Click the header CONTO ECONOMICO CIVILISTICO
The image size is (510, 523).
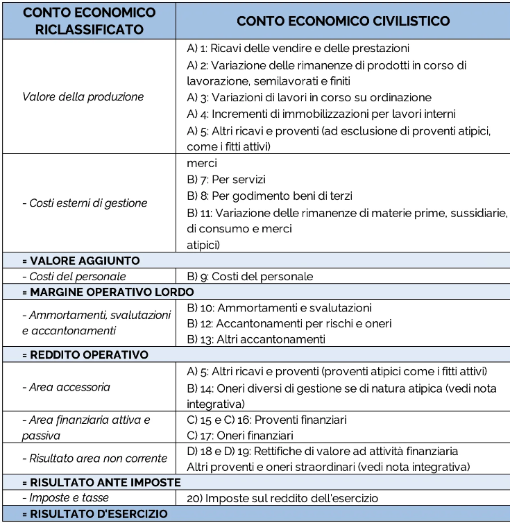click(343, 21)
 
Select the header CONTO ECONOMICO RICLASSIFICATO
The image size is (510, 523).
click(88, 21)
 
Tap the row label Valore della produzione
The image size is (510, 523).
click(83, 97)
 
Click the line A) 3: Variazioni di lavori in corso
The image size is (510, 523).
click(309, 98)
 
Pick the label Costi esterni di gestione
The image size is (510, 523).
click(85, 203)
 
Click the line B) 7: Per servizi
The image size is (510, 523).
click(226, 180)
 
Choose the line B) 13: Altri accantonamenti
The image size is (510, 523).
click(256, 339)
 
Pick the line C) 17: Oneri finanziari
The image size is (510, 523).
click(240, 436)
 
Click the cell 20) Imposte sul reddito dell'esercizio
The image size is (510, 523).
click(282, 497)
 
